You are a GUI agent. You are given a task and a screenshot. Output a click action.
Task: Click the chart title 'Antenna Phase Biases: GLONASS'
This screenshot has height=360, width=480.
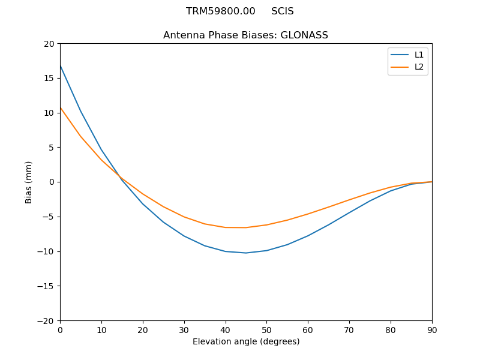point(245,35)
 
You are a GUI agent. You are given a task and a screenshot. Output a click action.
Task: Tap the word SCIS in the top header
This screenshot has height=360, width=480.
point(282,11)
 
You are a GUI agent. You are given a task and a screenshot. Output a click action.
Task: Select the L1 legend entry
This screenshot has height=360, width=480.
point(419,55)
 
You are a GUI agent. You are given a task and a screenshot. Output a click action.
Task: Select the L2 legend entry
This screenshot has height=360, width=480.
point(419,67)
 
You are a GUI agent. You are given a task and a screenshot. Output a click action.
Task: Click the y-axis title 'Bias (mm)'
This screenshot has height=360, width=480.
point(29,182)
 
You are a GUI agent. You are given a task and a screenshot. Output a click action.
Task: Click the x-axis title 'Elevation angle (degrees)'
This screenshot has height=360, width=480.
point(245,341)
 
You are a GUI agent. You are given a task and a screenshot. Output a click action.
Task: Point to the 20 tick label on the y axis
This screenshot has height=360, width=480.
point(49,44)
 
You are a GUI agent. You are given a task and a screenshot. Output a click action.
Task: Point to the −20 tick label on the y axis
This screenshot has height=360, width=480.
point(46,320)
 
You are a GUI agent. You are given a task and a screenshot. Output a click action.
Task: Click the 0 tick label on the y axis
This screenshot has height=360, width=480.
point(52,182)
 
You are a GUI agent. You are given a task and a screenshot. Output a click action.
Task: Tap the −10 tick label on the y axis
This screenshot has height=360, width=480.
point(46,251)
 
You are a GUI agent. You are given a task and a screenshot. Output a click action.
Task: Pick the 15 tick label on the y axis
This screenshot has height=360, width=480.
point(49,78)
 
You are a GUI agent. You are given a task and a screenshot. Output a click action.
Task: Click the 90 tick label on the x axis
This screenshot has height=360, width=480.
point(431,330)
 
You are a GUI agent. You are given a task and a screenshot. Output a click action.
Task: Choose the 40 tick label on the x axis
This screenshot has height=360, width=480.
point(225,330)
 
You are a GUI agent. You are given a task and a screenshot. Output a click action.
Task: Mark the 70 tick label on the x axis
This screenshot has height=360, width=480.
point(349,330)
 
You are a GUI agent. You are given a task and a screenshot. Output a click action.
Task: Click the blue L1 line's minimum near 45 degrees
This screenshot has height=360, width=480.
point(245,253)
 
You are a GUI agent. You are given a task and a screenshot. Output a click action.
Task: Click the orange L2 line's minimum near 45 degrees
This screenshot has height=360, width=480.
point(245,227)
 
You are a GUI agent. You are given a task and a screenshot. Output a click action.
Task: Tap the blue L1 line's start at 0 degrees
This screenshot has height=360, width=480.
point(61,65)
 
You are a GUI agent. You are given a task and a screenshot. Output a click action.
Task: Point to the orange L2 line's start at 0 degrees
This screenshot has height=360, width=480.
point(61,108)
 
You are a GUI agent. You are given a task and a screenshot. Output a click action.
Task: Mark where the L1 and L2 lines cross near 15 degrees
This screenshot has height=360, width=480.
point(119,176)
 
